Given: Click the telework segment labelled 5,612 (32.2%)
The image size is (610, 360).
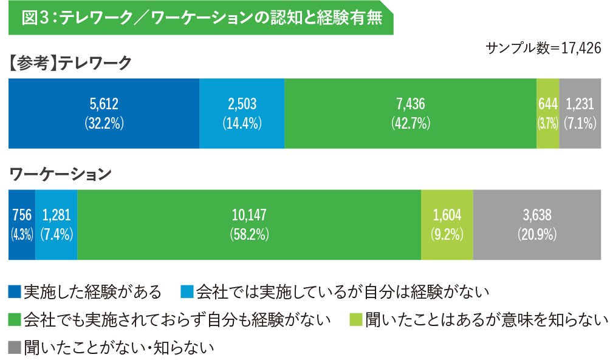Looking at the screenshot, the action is tap(104, 114).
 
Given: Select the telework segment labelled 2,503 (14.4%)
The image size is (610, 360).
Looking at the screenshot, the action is tap(242, 114).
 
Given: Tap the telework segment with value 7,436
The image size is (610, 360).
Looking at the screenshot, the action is tap(411, 114).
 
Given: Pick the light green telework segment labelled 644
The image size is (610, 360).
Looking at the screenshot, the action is tap(548, 114).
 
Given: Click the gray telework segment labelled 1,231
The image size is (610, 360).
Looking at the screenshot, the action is tap(580, 114).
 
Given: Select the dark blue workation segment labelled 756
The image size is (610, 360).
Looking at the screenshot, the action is tap(22, 225).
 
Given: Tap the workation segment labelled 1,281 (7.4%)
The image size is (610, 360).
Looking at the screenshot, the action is tap(57, 225).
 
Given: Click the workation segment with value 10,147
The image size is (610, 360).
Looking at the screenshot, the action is tap(249, 225).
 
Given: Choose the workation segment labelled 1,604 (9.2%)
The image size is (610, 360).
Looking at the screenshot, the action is tap(447, 225).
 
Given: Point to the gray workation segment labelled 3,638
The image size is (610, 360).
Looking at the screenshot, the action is tap(537, 225).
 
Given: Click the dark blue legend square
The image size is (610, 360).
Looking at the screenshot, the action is tap(15, 292).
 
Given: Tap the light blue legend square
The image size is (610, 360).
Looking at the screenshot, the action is tap(187, 292).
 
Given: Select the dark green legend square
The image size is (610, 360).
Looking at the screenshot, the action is tap(15, 320).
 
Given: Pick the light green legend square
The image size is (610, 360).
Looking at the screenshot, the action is tap(356, 320).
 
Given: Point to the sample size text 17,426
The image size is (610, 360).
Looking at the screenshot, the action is tap(581, 48).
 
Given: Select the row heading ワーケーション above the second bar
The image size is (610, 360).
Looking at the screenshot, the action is tap(60, 174).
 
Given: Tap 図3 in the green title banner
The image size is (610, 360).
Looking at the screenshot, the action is tap(36, 18).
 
